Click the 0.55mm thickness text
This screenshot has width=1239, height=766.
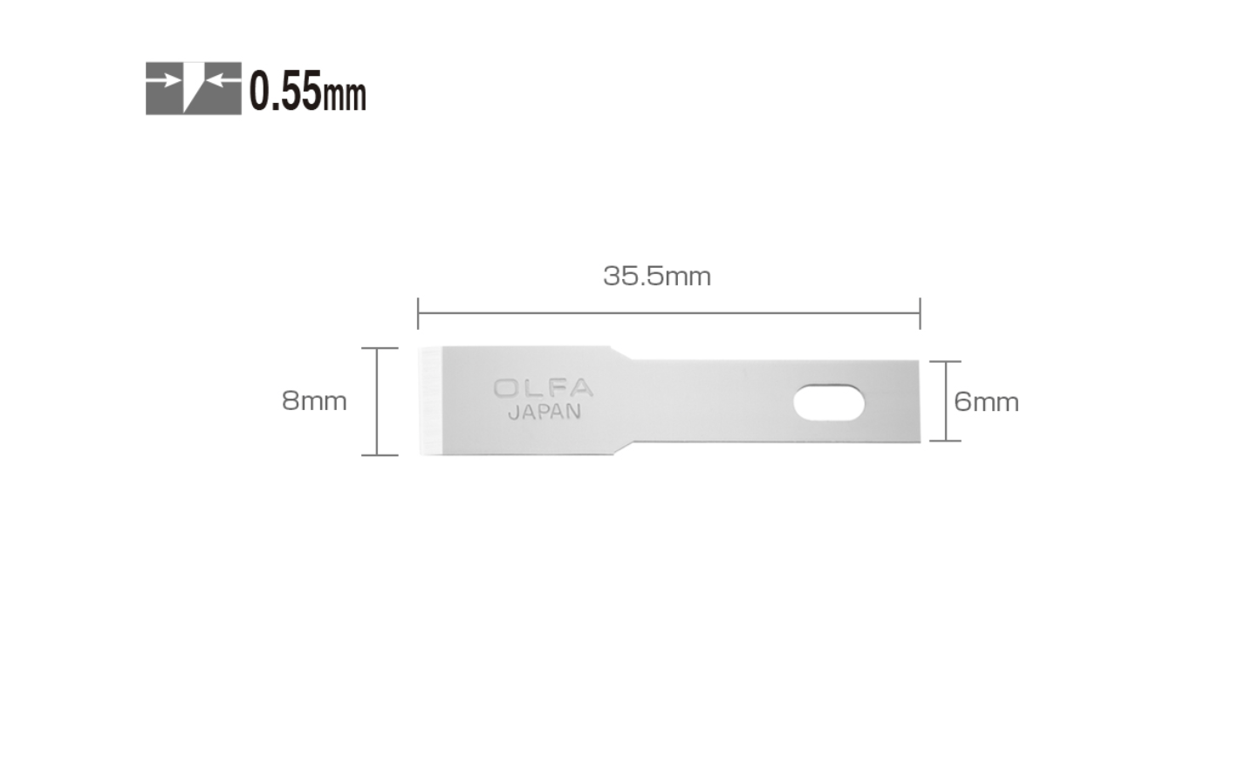pyautogui.click(x=307, y=90)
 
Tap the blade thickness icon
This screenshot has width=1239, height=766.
pyautogui.click(x=194, y=88)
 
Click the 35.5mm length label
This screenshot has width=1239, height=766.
pyautogui.click(x=656, y=276)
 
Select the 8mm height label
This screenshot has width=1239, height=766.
pyautogui.click(x=314, y=401)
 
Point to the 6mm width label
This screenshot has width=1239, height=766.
pyautogui.click(x=986, y=402)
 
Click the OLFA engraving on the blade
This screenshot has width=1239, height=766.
pyautogui.click(x=544, y=388)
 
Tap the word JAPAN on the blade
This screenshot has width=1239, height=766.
pyautogui.click(x=544, y=413)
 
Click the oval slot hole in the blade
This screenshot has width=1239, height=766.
pyautogui.click(x=829, y=402)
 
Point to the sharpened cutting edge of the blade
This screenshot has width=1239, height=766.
pyautogui.click(x=430, y=401)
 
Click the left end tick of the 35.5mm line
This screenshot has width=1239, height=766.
pyautogui.click(x=418, y=313)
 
